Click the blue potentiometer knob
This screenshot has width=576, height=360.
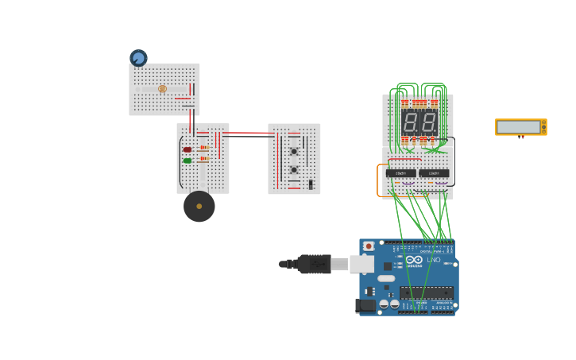pyautogui.click(x=138, y=58)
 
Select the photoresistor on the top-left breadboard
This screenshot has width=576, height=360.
pyautogui.click(x=162, y=89)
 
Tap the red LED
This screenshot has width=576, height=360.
pyautogui.click(x=187, y=149)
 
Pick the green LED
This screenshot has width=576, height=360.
pyautogui.click(x=187, y=161)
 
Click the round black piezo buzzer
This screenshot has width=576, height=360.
pyautogui.click(x=199, y=207)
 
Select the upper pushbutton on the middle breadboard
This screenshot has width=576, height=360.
pyautogui.click(x=294, y=151)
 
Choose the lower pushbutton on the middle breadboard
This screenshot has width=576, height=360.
pyautogui.click(x=294, y=169)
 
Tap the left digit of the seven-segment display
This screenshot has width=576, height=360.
pyautogui.click(x=410, y=122)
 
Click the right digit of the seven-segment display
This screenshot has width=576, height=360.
pyautogui.click(x=428, y=122)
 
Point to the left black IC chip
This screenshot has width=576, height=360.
pyautogui.click(x=401, y=173)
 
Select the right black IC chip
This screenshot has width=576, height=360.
pyautogui.click(x=434, y=173)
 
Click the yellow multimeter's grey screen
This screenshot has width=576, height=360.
pyautogui.click(x=518, y=127)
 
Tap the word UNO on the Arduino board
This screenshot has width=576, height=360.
pyautogui.click(x=434, y=260)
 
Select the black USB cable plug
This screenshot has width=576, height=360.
pyautogui.click(x=314, y=264)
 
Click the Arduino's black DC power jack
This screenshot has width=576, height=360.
pyautogui.click(x=365, y=305)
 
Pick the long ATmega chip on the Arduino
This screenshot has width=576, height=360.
pyautogui.click(x=427, y=292)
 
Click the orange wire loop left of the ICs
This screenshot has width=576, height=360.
pyautogui.click(x=378, y=180)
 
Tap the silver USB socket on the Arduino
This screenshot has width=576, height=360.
pyautogui.click(x=361, y=264)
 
